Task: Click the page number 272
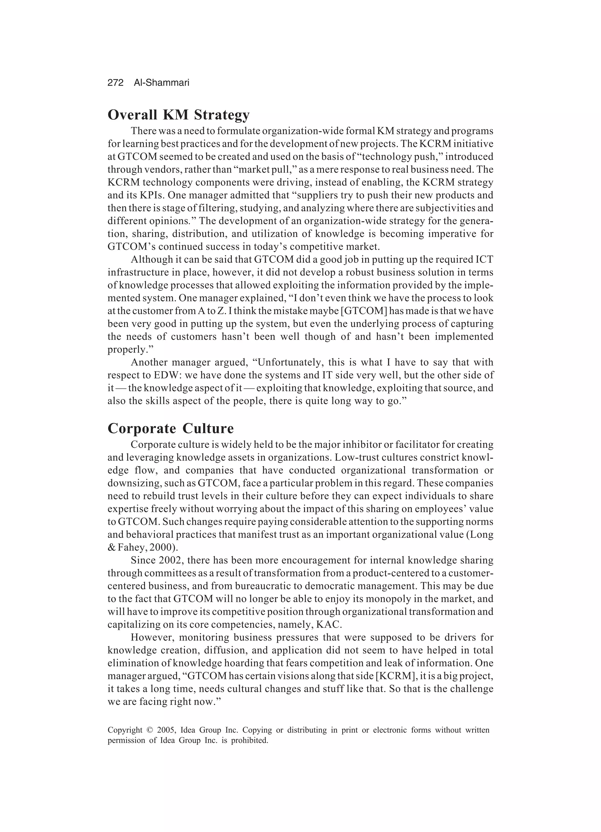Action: coord(115,83)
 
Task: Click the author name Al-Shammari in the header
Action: coord(161,83)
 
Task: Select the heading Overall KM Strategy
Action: coord(178,115)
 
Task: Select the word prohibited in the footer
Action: coord(250,740)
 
